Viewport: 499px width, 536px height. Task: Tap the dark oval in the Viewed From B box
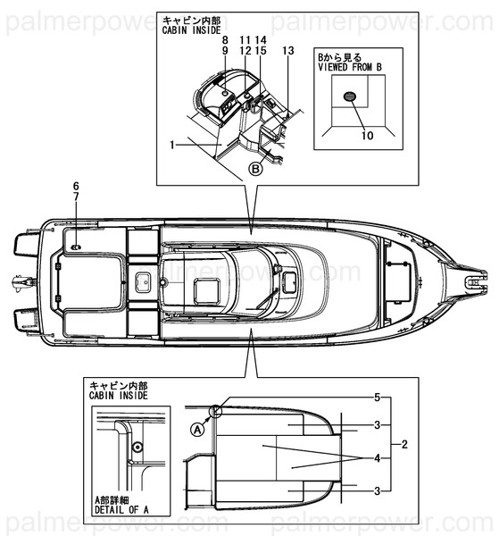point(349,96)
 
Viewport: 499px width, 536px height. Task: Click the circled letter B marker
point(254,167)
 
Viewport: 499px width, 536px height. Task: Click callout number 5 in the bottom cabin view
point(378,396)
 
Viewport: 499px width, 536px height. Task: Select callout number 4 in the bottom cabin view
point(378,457)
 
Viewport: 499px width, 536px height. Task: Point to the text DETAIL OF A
point(121,512)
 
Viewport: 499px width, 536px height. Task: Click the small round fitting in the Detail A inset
point(137,446)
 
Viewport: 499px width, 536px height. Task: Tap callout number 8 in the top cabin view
point(225,41)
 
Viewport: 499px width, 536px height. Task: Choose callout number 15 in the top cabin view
point(261,52)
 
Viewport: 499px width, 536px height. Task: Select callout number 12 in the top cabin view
point(245,52)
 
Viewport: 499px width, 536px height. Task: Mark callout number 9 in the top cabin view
point(225,52)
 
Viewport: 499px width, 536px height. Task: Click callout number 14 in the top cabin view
point(261,41)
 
